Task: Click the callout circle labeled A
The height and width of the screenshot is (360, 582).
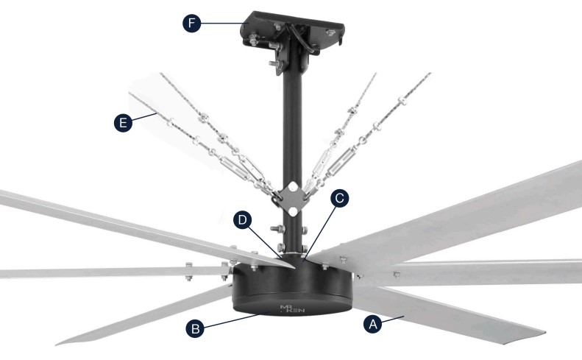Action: (x=372, y=325)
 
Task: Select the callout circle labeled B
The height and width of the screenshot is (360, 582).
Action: (x=195, y=328)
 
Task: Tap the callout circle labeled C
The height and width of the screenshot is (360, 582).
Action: (x=340, y=198)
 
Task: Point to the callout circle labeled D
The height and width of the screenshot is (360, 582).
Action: (x=242, y=220)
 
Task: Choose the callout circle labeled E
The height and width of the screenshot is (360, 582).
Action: (x=123, y=122)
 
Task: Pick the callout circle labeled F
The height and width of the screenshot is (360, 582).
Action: (x=191, y=23)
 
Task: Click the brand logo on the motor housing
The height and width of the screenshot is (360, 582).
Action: (x=292, y=308)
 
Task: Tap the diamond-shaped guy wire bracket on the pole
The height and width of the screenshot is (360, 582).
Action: (x=293, y=199)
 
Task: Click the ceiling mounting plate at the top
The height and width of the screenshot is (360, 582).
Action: (x=294, y=32)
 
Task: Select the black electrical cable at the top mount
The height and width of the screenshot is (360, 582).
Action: (x=302, y=37)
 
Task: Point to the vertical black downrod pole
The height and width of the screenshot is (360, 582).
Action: (x=293, y=149)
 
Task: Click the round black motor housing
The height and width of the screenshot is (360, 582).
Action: (x=292, y=286)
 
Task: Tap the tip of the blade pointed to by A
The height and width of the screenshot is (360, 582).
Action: (x=545, y=332)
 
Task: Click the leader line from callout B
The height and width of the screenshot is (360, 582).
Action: (x=232, y=321)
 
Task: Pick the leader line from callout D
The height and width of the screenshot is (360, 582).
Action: (x=264, y=242)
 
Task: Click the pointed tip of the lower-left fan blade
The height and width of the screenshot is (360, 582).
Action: (x=57, y=344)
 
